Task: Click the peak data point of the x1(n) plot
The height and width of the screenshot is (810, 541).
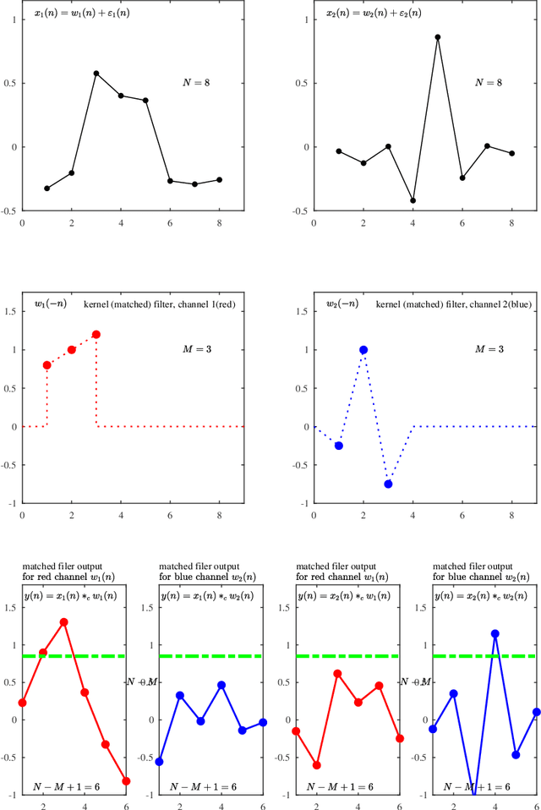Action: (96, 74)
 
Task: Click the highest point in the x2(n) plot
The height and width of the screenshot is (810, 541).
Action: (437, 37)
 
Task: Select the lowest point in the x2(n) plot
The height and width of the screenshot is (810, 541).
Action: (413, 201)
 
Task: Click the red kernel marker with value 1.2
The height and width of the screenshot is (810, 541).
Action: (96, 334)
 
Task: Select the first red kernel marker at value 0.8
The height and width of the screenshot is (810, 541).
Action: (46, 365)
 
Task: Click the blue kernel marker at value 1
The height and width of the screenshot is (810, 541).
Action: (363, 349)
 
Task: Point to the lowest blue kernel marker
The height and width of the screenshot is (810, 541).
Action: (388, 484)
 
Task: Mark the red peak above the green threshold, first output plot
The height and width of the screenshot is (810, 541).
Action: (63, 621)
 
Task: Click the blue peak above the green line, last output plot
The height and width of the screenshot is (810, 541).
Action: (495, 633)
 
